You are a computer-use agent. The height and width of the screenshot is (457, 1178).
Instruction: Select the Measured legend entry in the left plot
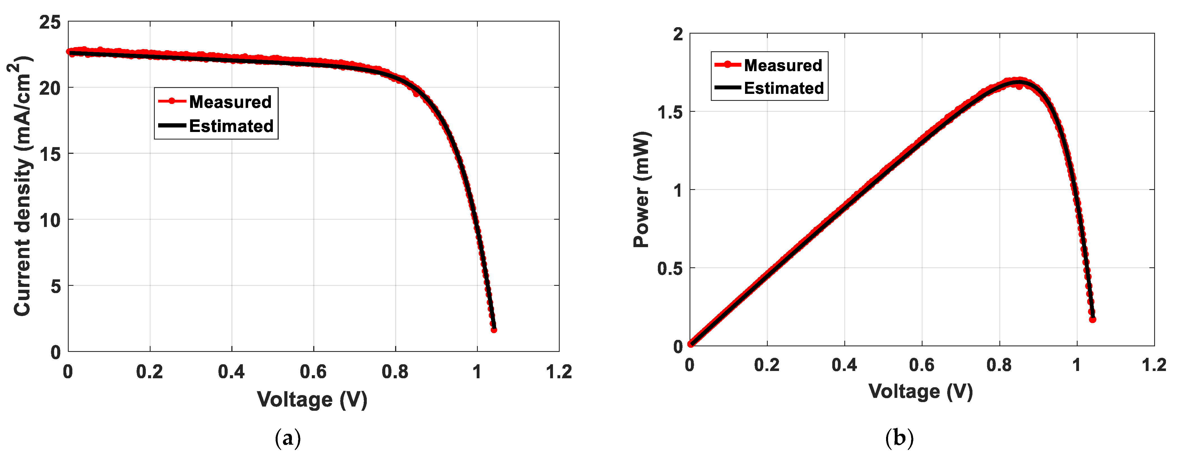(230, 101)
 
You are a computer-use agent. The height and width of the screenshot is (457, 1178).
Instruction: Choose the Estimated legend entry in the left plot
(231, 126)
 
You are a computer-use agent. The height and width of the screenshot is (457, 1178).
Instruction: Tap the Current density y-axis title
(22, 186)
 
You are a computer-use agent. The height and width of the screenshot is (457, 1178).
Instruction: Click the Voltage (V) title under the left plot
(312, 399)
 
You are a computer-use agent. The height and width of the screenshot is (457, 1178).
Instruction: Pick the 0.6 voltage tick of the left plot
(313, 372)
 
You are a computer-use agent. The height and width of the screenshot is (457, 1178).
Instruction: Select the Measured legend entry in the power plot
(783, 65)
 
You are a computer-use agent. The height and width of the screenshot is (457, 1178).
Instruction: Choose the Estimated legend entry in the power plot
(783, 88)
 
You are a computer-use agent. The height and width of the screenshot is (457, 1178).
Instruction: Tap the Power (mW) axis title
(642, 190)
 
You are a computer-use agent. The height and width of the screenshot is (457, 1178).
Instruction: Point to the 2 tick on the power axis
(678, 34)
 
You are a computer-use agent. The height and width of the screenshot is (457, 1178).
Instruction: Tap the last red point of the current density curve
(494, 330)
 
